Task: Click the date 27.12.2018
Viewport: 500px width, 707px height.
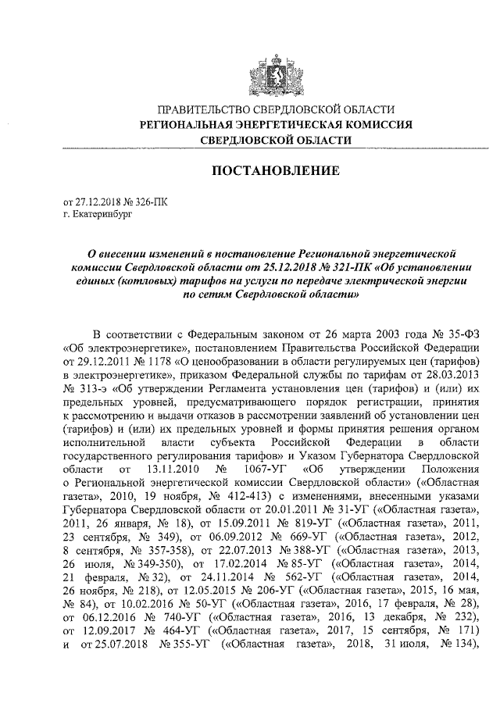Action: point(96,201)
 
